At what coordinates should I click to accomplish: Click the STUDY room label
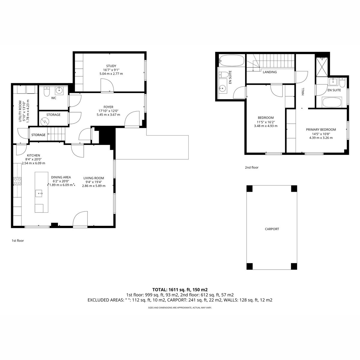pyautogui.click(x=111, y=66)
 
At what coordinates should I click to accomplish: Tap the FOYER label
pyautogui.click(x=108, y=107)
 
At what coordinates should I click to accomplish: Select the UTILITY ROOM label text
pyautogui.click(x=20, y=111)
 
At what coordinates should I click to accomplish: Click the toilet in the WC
pyautogui.click(x=46, y=91)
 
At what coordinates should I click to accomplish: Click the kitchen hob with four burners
pyautogui.click(x=17, y=181)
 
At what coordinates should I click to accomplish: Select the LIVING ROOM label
pyautogui.click(x=94, y=178)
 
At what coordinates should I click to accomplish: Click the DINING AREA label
pyautogui.click(x=61, y=177)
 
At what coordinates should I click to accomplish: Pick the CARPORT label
pyautogui.click(x=272, y=229)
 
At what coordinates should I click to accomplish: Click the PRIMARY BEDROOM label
pyautogui.click(x=321, y=130)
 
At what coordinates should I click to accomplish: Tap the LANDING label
pyautogui.click(x=270, y=72)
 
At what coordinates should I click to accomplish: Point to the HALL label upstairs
pyautogui.click(x=303, y=91)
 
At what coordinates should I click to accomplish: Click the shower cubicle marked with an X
pyautogui.click(x=322, y=67)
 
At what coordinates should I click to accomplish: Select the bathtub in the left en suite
pyautogui.click(x=232, y=60)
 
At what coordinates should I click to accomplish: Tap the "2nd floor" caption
pyautogui.click(x=252, y=167)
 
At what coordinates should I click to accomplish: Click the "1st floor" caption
pyautogui.click(x=18, y=241)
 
